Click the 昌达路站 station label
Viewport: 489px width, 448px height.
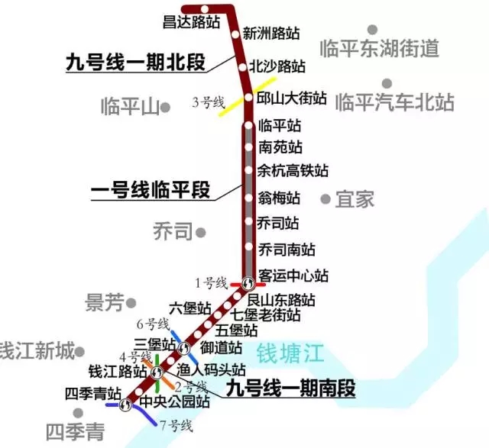(191, 21)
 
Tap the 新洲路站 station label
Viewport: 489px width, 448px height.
(271, 34)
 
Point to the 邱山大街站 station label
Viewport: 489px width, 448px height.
(291, 98)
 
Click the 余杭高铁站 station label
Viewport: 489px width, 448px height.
(293, 170)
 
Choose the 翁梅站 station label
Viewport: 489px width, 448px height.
(279, 198)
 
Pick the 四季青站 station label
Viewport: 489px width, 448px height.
(93, 394)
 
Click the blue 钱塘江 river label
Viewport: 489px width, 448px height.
(290, 354)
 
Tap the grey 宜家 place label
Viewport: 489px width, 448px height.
(355, 200)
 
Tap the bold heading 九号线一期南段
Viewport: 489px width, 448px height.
(292, 390)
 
